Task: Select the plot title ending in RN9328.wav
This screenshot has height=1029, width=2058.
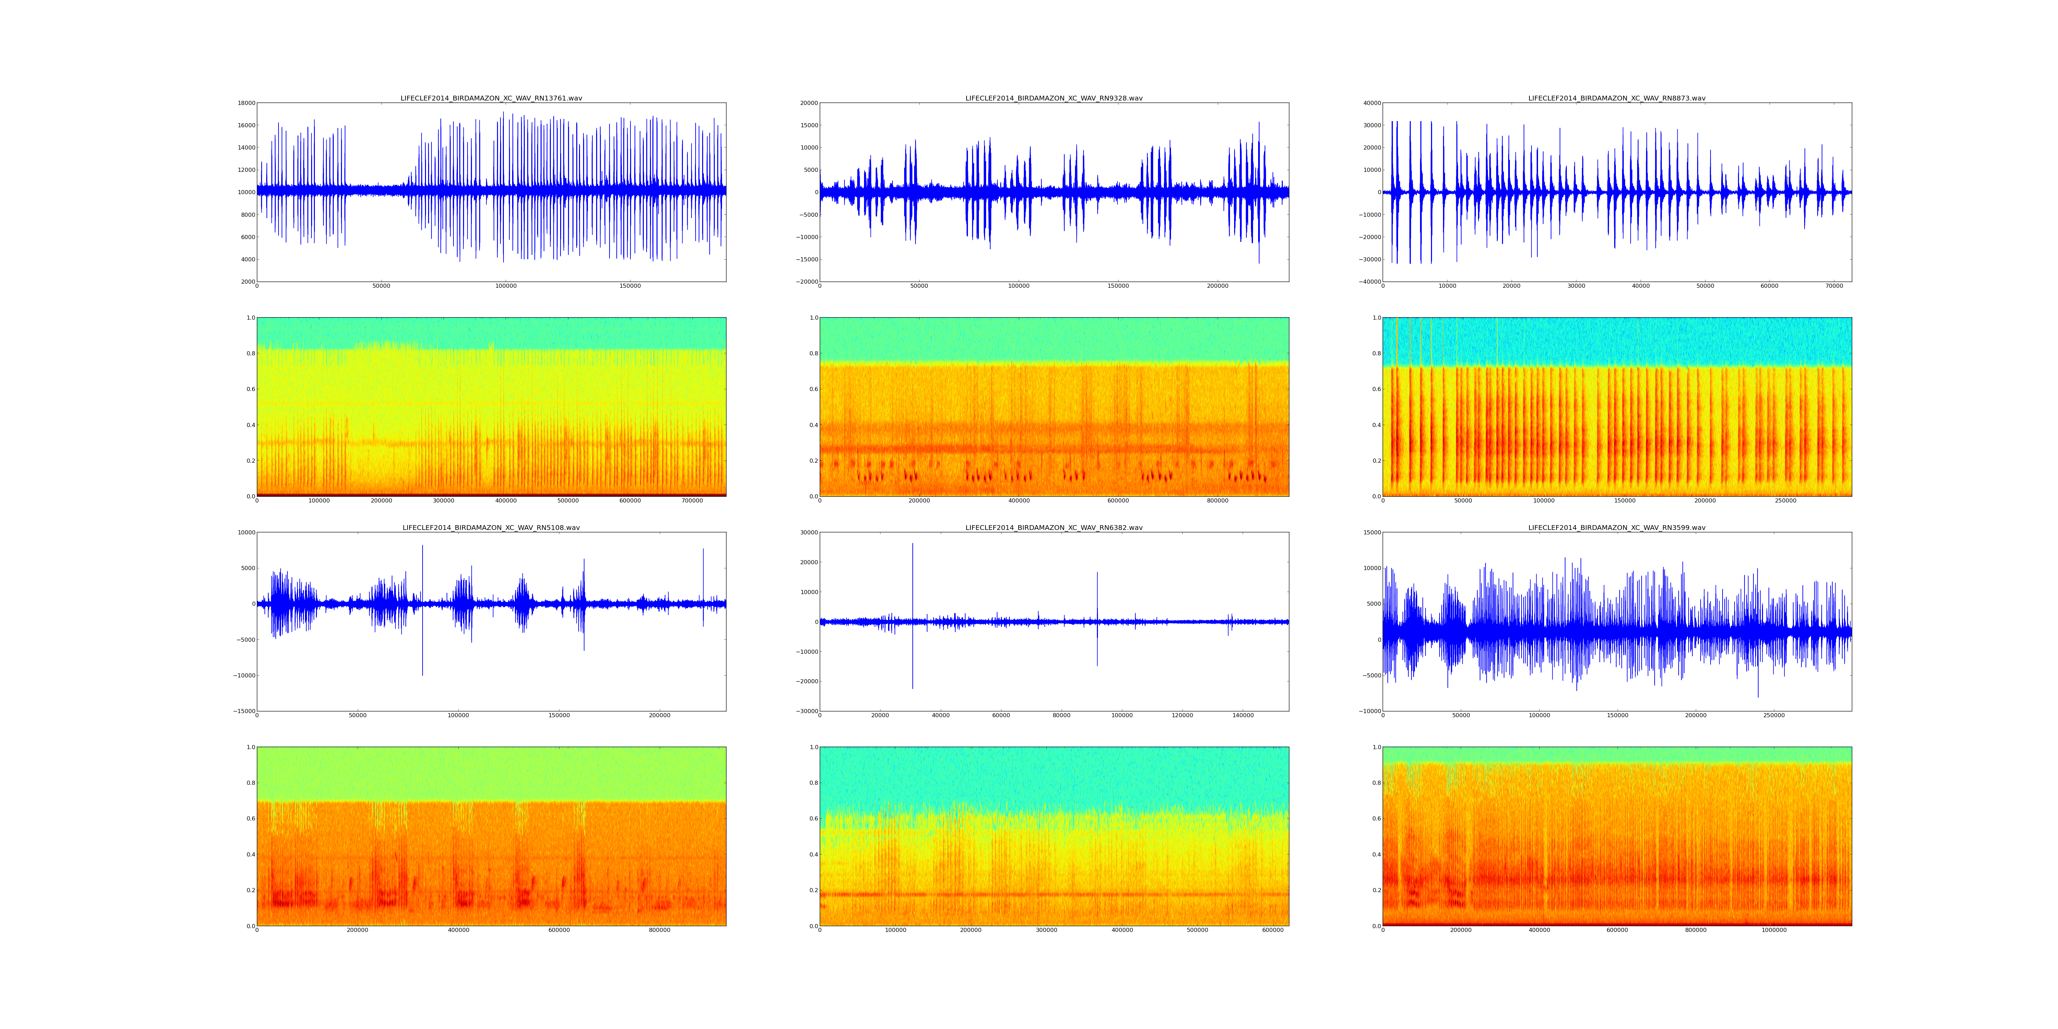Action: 1054,98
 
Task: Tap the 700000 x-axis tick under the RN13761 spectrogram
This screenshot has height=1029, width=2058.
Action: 692,501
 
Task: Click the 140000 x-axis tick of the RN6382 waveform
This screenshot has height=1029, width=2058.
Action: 1243,715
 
